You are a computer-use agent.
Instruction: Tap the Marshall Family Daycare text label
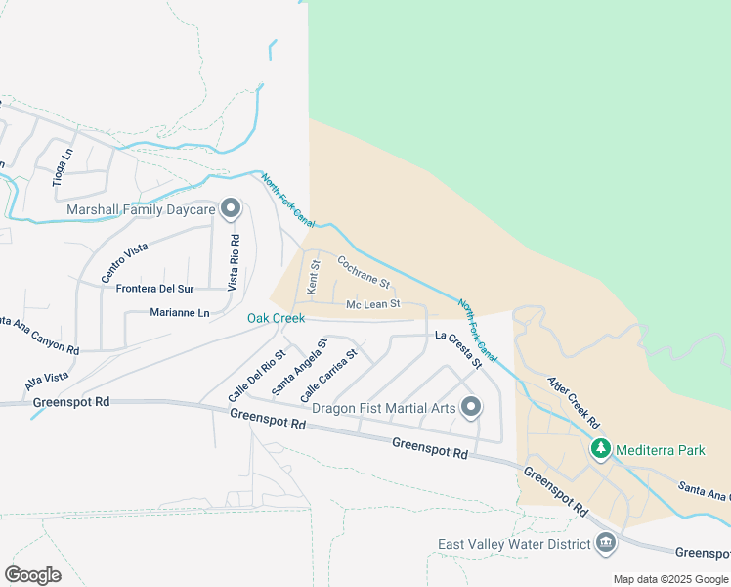click(x=141, y=209)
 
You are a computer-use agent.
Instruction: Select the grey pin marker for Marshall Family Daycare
click(x=231, y=207)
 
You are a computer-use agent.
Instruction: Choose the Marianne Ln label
click(x=180, y=313)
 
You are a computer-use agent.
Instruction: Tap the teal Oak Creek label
click(x=276, y=318)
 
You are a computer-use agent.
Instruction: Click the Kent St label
click(x=314, y=278)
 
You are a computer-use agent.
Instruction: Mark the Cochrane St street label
click(x=365, y=274)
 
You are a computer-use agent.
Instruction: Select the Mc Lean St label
click(x=373, y=304)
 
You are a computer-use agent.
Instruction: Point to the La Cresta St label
click(x=459, y=349)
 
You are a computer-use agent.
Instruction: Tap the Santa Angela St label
click(x=298, y=367)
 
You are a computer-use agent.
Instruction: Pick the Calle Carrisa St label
click(x=329, y=376)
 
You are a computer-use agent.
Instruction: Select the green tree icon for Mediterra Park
click(x=599, y=450)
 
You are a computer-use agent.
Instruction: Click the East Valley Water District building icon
click(x=605, y=543)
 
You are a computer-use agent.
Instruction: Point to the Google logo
click(x=32, y=575)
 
